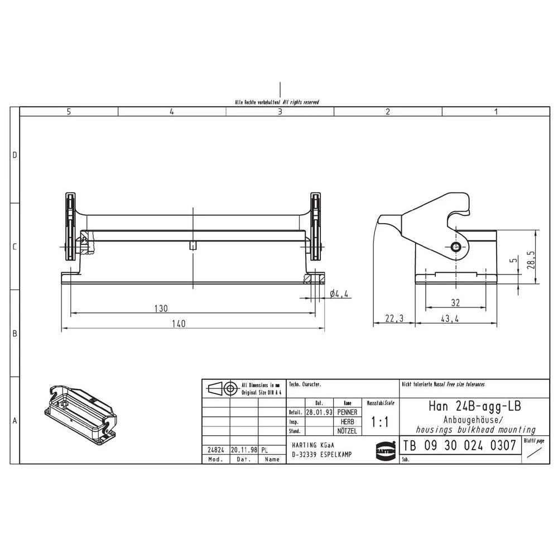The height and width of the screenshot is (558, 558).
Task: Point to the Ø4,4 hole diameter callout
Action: (x=340, y=294)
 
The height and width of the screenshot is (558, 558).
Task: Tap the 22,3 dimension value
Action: (x=393, y=319)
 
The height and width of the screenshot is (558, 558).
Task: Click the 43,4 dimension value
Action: (x=450, y=319)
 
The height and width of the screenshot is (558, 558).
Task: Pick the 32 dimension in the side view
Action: (x=456, y=302)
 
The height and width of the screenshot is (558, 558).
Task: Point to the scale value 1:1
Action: (x=380, y=423)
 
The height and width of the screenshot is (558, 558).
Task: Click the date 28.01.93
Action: (x=319, y=412)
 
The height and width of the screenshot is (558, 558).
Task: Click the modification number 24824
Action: (x=215, y=449)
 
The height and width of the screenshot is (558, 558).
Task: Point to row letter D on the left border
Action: (x=15, y=155)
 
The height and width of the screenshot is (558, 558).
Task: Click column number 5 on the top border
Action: (x=69, y=112)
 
